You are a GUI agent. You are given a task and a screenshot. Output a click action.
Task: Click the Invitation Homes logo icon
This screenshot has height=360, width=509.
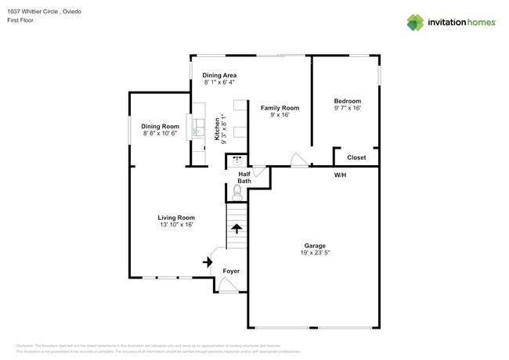pos(415,22)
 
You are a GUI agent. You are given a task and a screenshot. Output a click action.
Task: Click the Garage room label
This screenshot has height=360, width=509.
pos(315,245)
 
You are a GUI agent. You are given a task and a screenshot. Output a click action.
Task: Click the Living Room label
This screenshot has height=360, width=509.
pos(176,218)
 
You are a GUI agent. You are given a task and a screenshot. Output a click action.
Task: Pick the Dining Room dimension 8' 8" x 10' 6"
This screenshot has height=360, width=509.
pos(160,134)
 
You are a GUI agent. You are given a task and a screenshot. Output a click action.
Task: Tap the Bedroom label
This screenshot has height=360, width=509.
pos(347,101)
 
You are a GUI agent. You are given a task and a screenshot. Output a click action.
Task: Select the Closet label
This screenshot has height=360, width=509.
pos(356,157)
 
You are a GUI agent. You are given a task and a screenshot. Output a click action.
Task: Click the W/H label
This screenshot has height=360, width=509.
pos(341,175)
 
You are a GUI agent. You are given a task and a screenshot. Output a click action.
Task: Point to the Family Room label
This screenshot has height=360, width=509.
pos(280,107)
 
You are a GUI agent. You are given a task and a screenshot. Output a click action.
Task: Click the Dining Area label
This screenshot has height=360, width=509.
pos(220,75)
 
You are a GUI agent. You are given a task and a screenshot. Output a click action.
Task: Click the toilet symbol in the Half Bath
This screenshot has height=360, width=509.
pos(238,189)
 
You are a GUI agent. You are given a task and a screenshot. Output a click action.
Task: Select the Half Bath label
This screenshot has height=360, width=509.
pos(244,178)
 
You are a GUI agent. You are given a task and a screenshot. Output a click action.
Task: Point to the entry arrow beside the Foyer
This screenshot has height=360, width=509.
pos(208,262)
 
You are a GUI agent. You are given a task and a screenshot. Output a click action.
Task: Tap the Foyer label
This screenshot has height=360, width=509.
pos(231,271)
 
